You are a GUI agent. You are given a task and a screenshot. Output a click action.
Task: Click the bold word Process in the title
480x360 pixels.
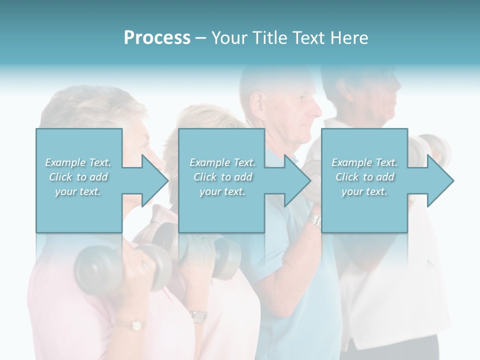(157, 37)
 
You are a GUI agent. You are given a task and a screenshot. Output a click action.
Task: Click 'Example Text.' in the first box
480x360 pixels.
(78, 162)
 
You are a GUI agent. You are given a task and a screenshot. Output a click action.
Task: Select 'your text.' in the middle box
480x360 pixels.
(222, 191)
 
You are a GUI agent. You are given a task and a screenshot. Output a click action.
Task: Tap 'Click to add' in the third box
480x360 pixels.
(364, 177)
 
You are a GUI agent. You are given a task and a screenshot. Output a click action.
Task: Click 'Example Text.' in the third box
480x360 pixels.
(364, 162)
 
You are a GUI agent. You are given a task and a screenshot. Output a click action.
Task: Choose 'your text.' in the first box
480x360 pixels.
(78, 191)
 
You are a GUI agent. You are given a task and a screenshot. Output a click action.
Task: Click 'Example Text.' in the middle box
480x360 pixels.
(222, 162)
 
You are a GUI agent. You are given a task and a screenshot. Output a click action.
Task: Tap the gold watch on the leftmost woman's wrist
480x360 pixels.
(135, 325)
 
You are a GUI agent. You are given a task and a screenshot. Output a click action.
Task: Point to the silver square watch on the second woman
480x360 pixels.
(198, 316)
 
